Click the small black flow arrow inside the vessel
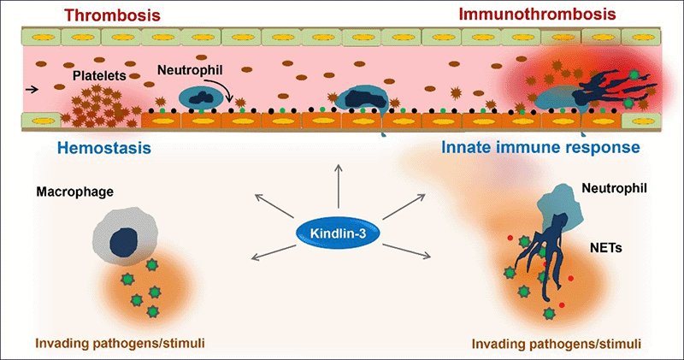tap(32, 87)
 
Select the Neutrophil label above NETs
tap(613, 185)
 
